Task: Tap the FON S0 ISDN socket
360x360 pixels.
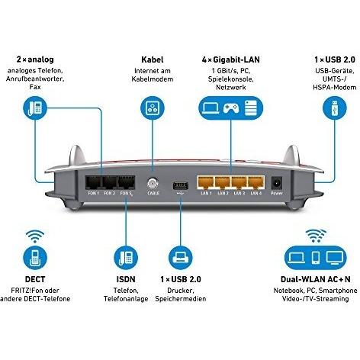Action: pos(125,184)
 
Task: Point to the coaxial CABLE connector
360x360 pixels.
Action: pos(152,185)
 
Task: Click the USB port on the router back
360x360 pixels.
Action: pos(180,185)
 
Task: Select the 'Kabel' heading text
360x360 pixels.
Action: pos(153,59)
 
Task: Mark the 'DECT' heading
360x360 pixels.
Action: pos(34,281)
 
